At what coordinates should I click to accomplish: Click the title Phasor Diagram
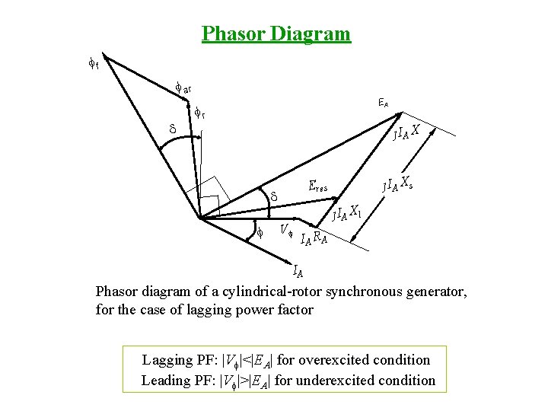276,34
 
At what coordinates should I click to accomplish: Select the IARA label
314,239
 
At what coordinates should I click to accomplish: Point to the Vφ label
286,228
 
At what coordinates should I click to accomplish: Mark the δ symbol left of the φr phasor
172,130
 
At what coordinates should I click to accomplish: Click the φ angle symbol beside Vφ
259,232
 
